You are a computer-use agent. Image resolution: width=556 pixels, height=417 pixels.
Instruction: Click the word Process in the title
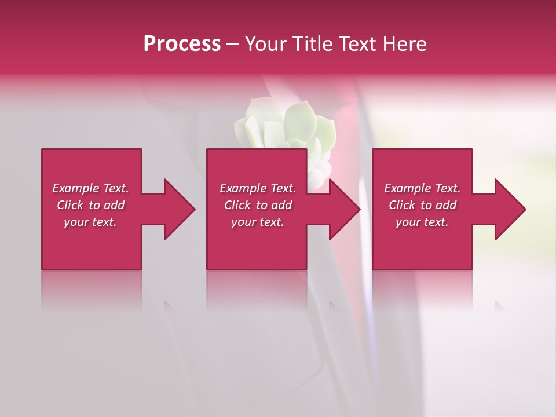pos(182,44)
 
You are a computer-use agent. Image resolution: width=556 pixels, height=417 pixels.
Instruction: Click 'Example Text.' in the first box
pos(90,188)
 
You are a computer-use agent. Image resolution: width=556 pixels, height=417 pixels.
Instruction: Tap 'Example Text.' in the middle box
pos(258,188)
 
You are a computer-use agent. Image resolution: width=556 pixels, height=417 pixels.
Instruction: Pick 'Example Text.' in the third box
pos(422,188)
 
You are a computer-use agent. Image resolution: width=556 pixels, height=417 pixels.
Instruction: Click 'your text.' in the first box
pos(90,222)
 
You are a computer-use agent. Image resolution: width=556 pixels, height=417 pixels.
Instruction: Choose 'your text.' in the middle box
pos(258,222)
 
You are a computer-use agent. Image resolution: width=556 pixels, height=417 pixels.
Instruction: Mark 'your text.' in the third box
pos(422,222)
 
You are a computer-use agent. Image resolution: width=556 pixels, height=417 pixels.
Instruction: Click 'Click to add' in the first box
pos(90,205)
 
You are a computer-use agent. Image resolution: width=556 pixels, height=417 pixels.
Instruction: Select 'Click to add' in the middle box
pos(258,205)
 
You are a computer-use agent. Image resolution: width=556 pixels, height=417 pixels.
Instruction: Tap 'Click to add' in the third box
pos(422,205)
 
